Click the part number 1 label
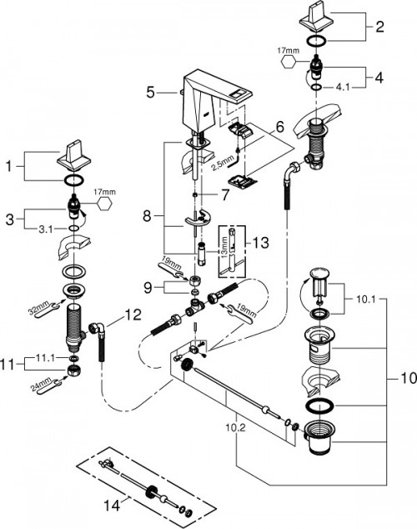[9, 168]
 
